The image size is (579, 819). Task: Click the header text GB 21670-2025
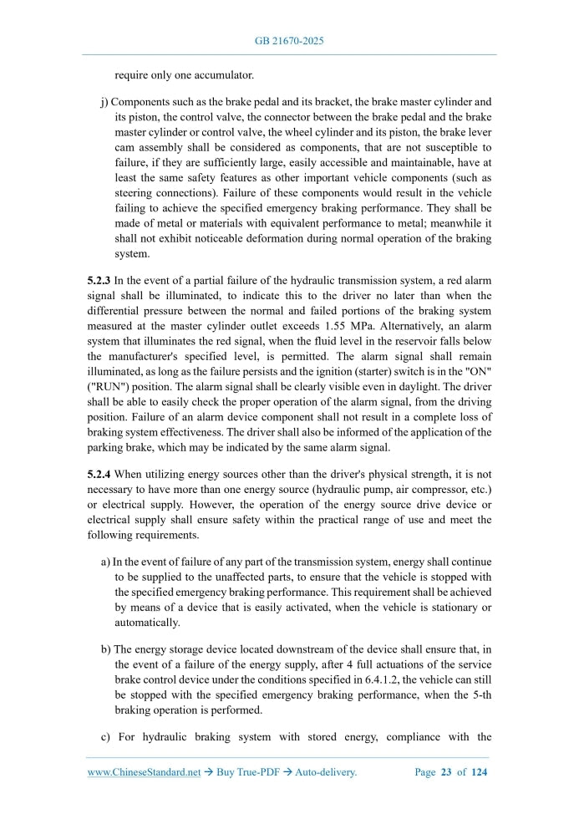click(x=289, y=40)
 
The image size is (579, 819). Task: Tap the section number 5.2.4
click(x=101, y=474)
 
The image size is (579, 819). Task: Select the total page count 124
click(x=479, y=772)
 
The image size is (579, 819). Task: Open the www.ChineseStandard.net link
click(x=144, y=772)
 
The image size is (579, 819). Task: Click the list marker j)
click(x=105, y=103)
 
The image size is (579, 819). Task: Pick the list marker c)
click(x=105, y=737)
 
